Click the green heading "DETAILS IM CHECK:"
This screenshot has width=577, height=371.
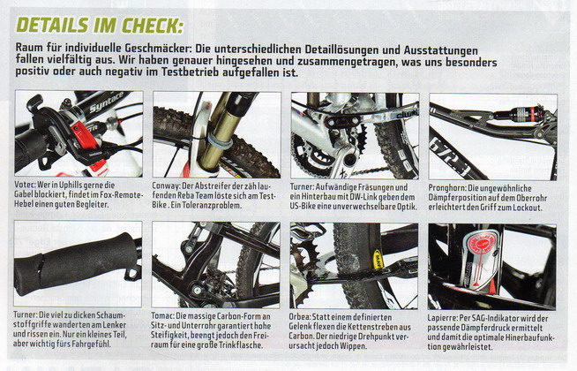pos(100,26)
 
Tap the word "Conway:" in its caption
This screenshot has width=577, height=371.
pos(164,186)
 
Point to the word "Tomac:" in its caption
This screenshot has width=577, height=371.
pos(162,316)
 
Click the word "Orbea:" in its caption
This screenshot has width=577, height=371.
pos(300,317)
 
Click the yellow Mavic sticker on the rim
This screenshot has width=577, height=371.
pos(378,260)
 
